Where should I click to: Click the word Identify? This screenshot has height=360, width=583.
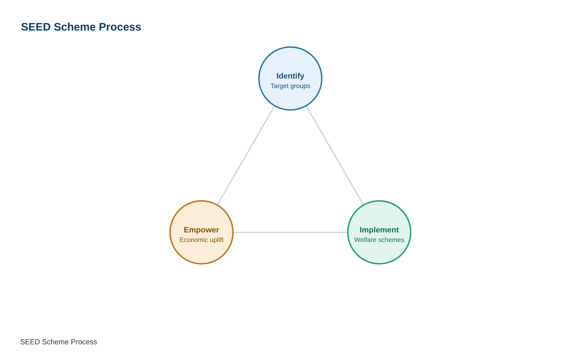coord(290,76)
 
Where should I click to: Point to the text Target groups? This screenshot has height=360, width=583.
coord(290,86)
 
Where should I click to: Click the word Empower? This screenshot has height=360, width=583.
coord(202,230)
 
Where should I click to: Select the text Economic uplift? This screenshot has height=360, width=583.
coord(202,240)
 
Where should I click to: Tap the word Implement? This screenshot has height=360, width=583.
coord(379,230)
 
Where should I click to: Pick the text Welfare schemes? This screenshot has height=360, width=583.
coord(379,240)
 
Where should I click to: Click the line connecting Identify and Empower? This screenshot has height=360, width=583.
coord(246,155)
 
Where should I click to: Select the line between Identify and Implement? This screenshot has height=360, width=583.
coord(335,155)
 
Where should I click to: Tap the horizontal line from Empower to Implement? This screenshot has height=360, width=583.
coord(290,232)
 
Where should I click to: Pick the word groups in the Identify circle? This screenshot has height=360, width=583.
coord(300,86)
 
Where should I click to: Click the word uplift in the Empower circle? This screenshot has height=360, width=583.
coord(217,240)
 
